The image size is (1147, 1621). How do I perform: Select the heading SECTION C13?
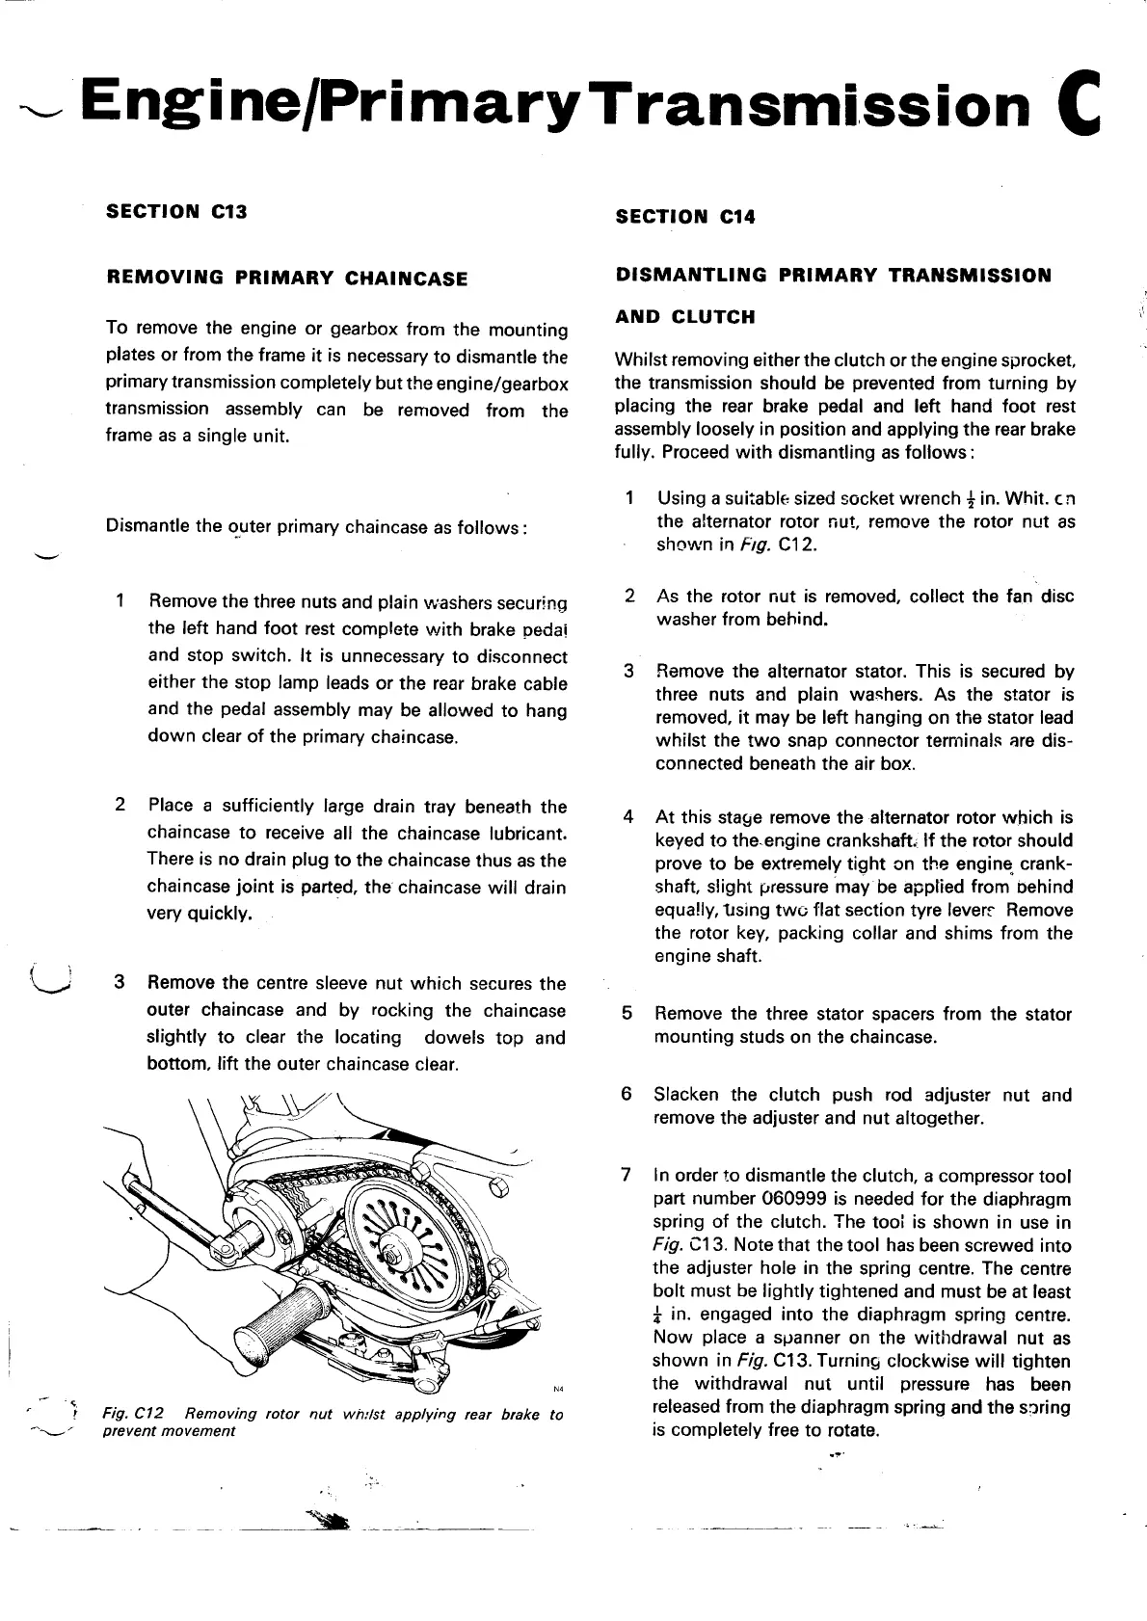coord(176,211)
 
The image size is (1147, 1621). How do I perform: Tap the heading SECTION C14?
coord(685,217)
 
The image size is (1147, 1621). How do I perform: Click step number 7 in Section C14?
coord(627,1175)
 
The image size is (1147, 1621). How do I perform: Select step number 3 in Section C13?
coord(120,983)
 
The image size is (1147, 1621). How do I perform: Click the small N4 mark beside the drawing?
coord(558,1389)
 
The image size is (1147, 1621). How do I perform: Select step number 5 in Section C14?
coord(627,1014)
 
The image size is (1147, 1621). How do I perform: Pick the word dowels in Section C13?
coord(455,1038)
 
